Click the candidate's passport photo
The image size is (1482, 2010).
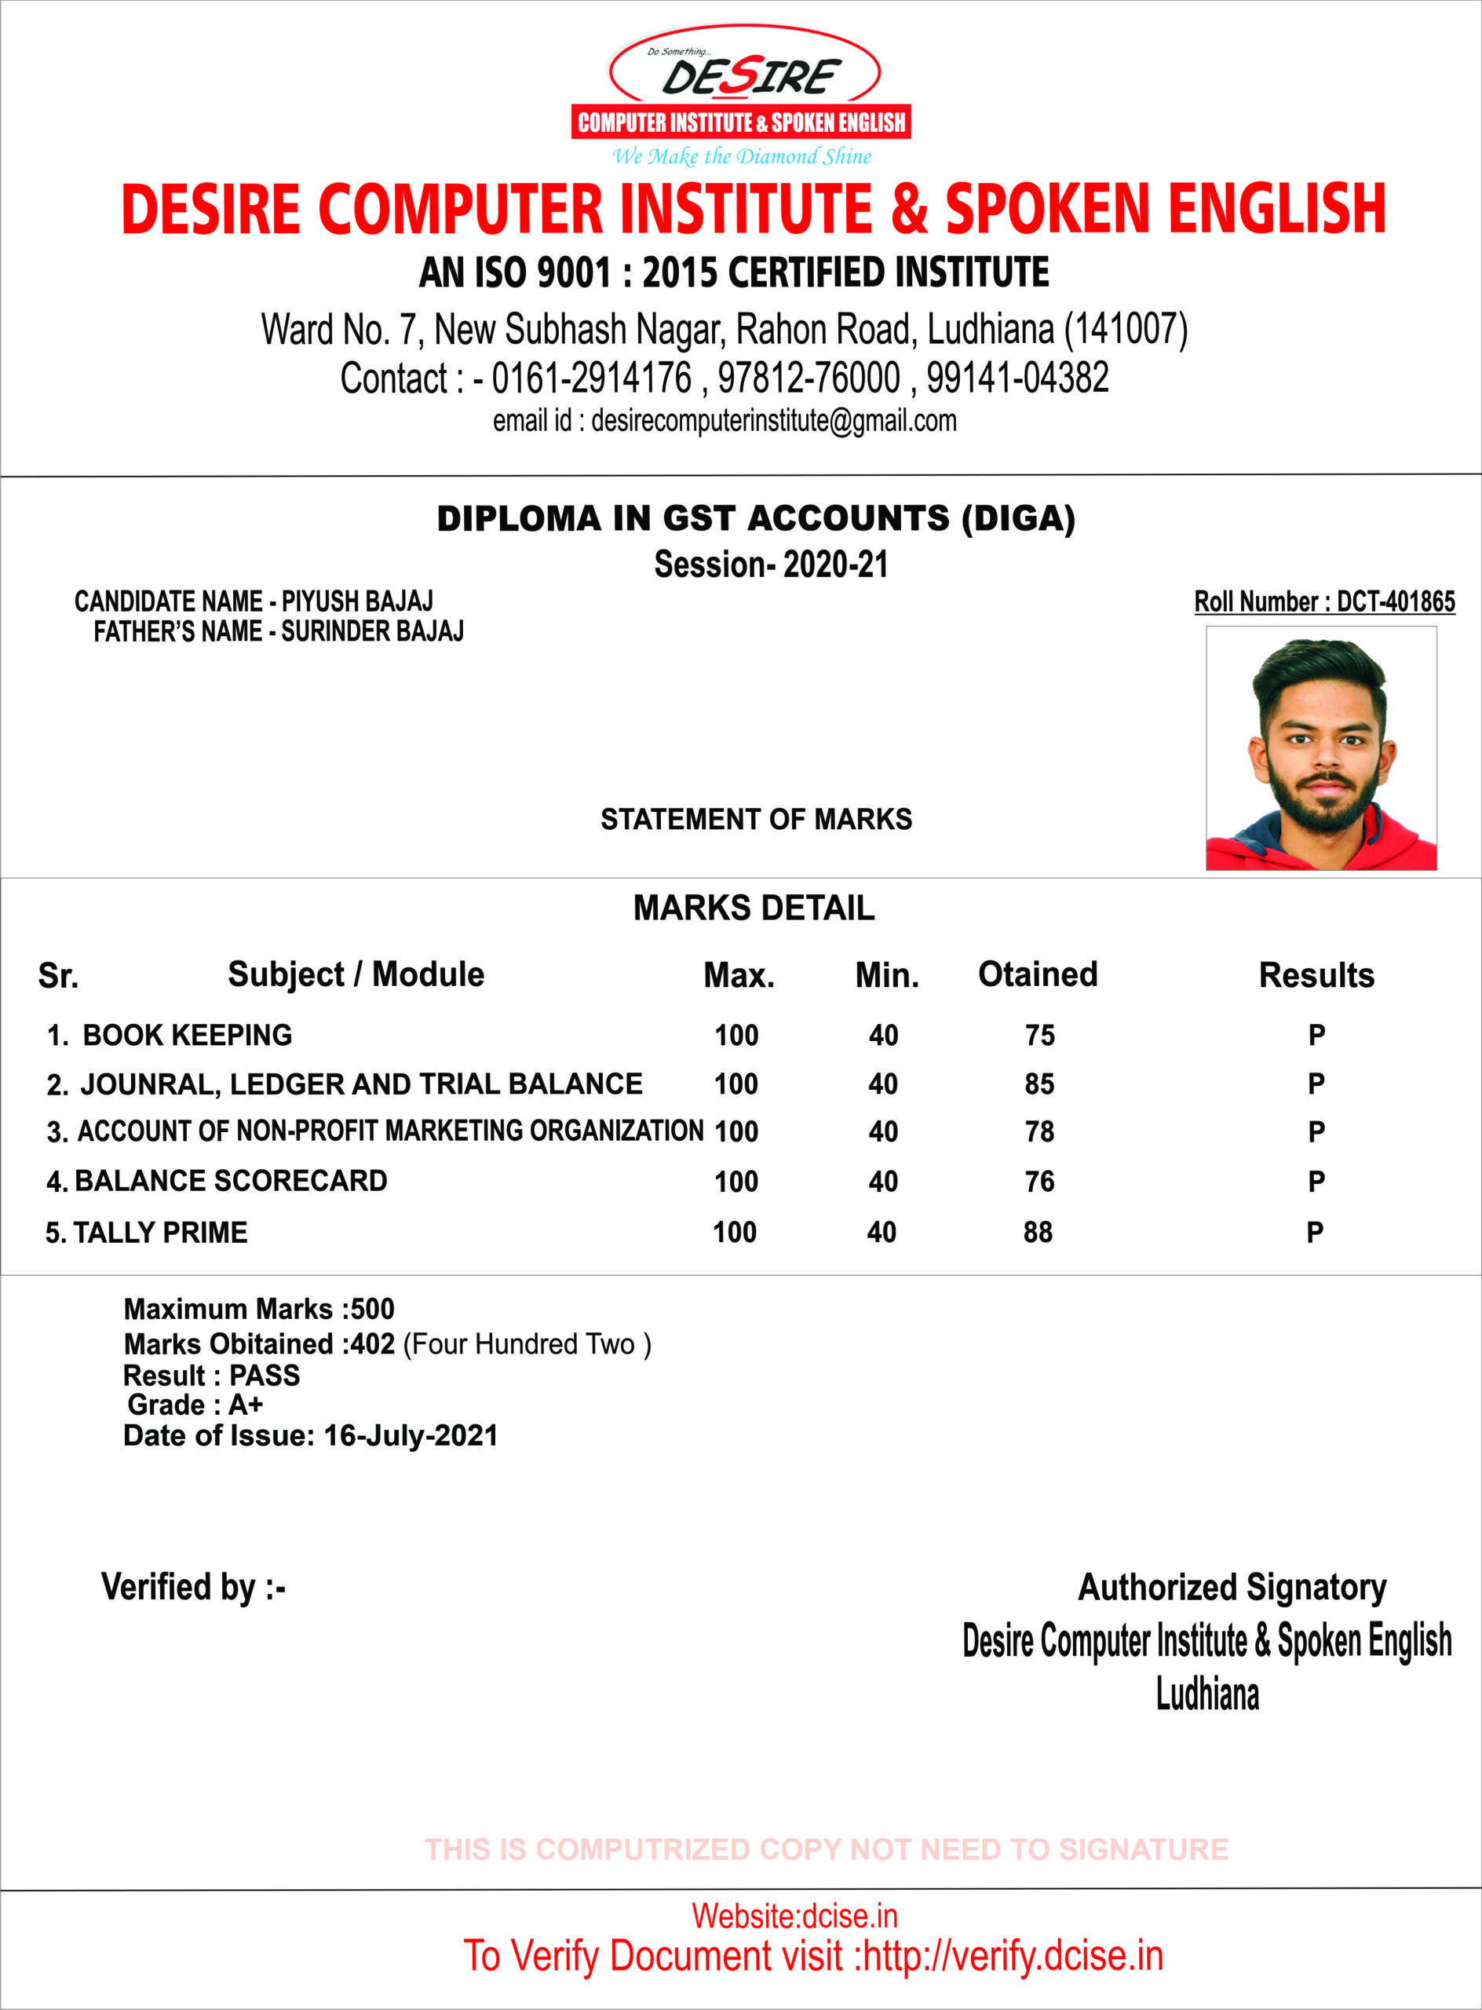click(1320, 748)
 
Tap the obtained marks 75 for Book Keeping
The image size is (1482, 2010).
click(1040, 1036)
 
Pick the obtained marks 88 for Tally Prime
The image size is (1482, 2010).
click(1038, 1232)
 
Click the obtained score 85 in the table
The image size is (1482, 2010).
click(1040, 1084)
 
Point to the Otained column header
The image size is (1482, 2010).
click(1037, 974)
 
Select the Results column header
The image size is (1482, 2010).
click(1316, 975)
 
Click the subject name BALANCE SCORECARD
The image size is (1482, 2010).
click(231, 1181)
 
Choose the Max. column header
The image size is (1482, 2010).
click(739, 975)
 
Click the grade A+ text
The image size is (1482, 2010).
click(246, 1405)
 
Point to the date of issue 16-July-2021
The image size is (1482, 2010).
click(410, 1436)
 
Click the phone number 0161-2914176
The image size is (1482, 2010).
click(591, 378)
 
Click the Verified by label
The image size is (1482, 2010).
click(193, 1587)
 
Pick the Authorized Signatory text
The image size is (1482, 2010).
click(1232, 1587)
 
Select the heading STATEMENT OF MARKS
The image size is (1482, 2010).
click(756, 819)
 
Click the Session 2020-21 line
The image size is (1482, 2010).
click(771, 565)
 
